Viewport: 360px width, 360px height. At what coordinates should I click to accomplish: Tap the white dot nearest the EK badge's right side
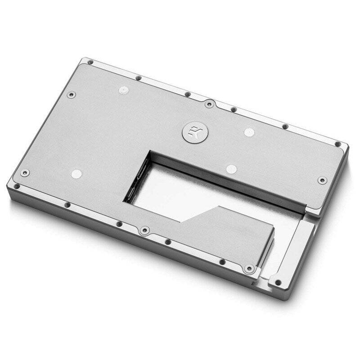coord(249,132)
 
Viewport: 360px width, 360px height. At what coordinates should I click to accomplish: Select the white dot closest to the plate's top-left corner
coord(122,90)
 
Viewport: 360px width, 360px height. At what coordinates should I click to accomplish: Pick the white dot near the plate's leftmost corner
coord(77,174)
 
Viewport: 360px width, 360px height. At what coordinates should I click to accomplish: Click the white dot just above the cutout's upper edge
coord(231,169)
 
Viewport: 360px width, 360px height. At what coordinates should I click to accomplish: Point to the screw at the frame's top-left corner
coord(90,62)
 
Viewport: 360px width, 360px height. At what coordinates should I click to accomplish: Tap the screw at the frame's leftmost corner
coord(17,186)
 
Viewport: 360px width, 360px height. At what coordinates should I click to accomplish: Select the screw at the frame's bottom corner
coord(278,283)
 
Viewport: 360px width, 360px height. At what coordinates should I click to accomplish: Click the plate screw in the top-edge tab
coord(209,104)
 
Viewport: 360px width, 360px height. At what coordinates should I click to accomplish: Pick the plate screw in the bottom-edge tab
coord(144,230)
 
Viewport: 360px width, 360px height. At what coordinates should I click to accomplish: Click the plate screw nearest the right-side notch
coord(322,180)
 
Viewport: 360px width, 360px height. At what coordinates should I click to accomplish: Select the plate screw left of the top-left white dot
coord(71,95)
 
